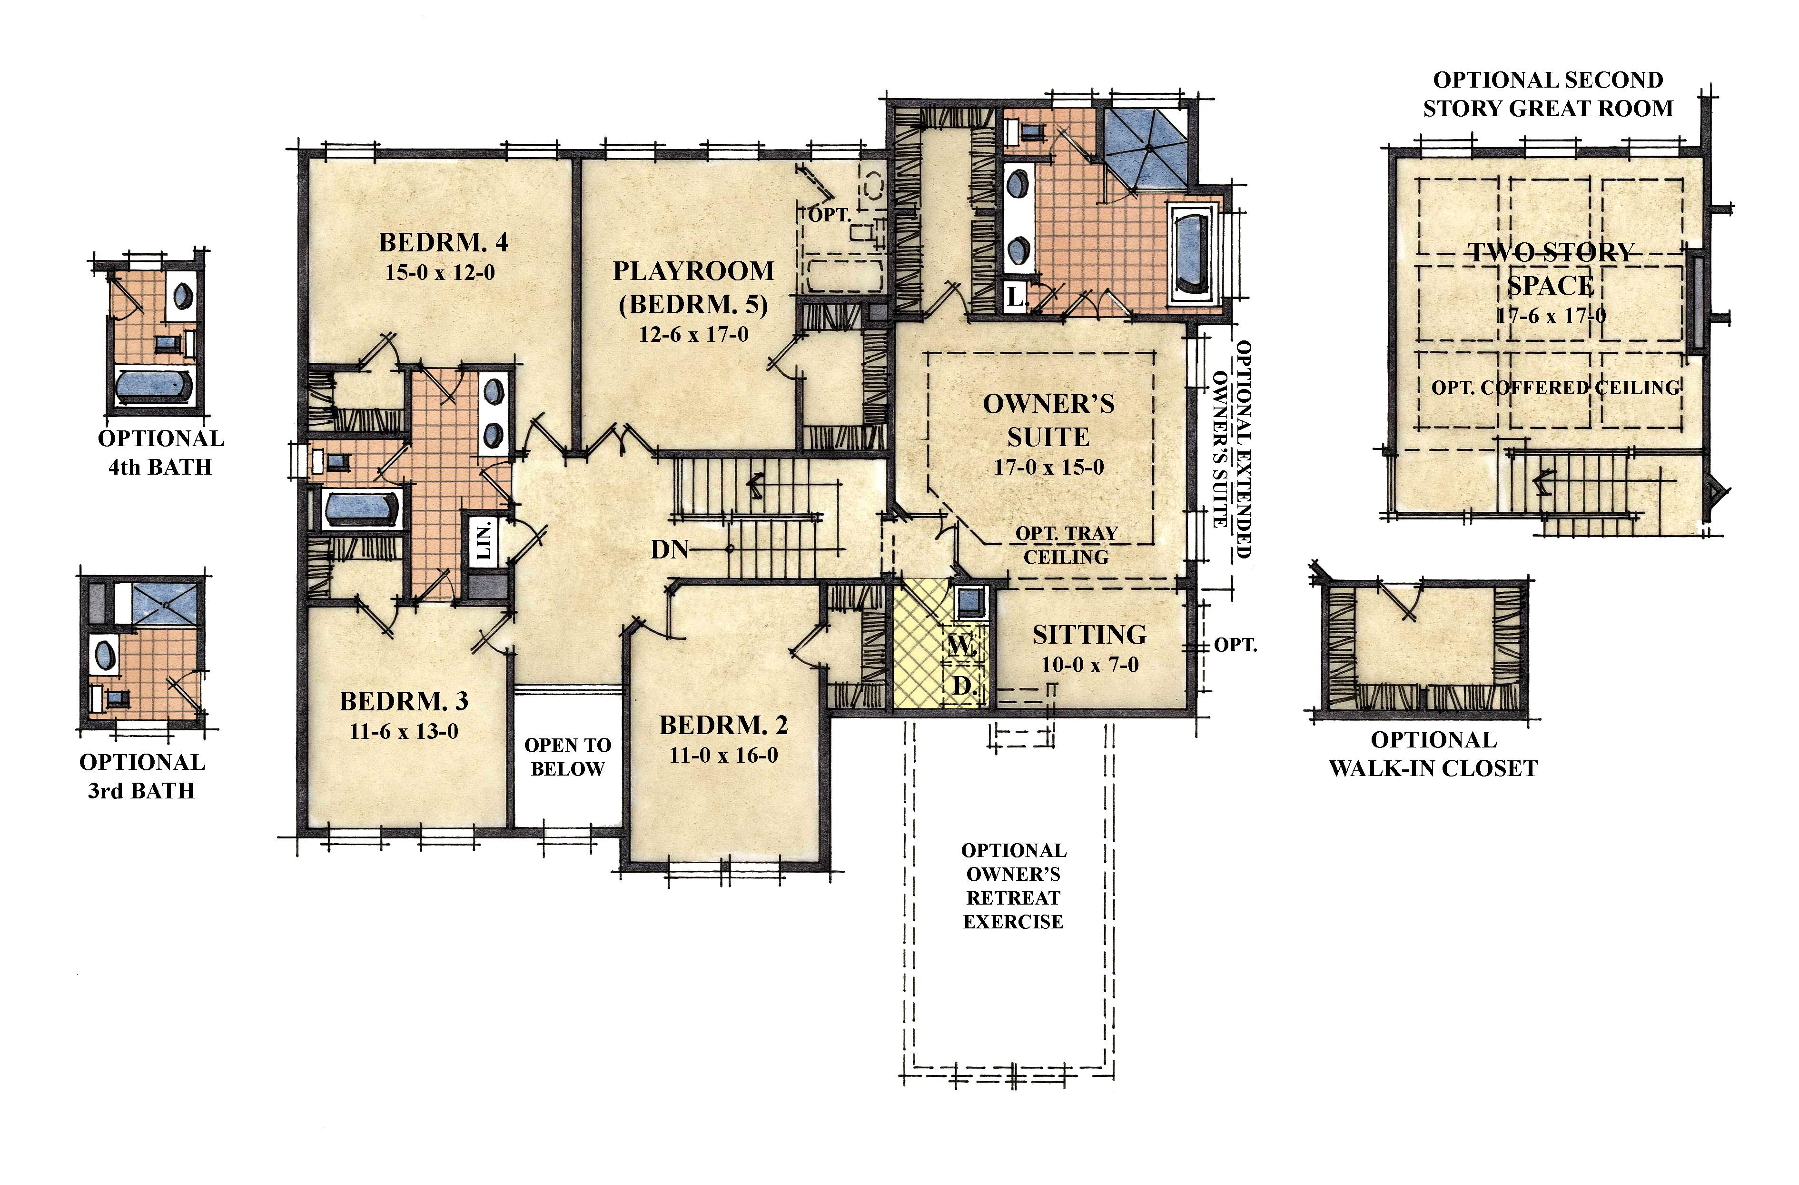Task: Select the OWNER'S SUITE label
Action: point(1048,420)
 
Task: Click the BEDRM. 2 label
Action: point(723,725)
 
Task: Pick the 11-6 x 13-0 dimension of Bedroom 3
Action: point(404,731)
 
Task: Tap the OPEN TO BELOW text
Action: point(568,757)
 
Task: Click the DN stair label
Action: point(670,550)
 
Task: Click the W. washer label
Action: point(961,646)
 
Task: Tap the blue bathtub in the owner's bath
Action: point(1194,253)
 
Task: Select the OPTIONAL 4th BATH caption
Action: point(160,452)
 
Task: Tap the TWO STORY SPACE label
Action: point(1551,269)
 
